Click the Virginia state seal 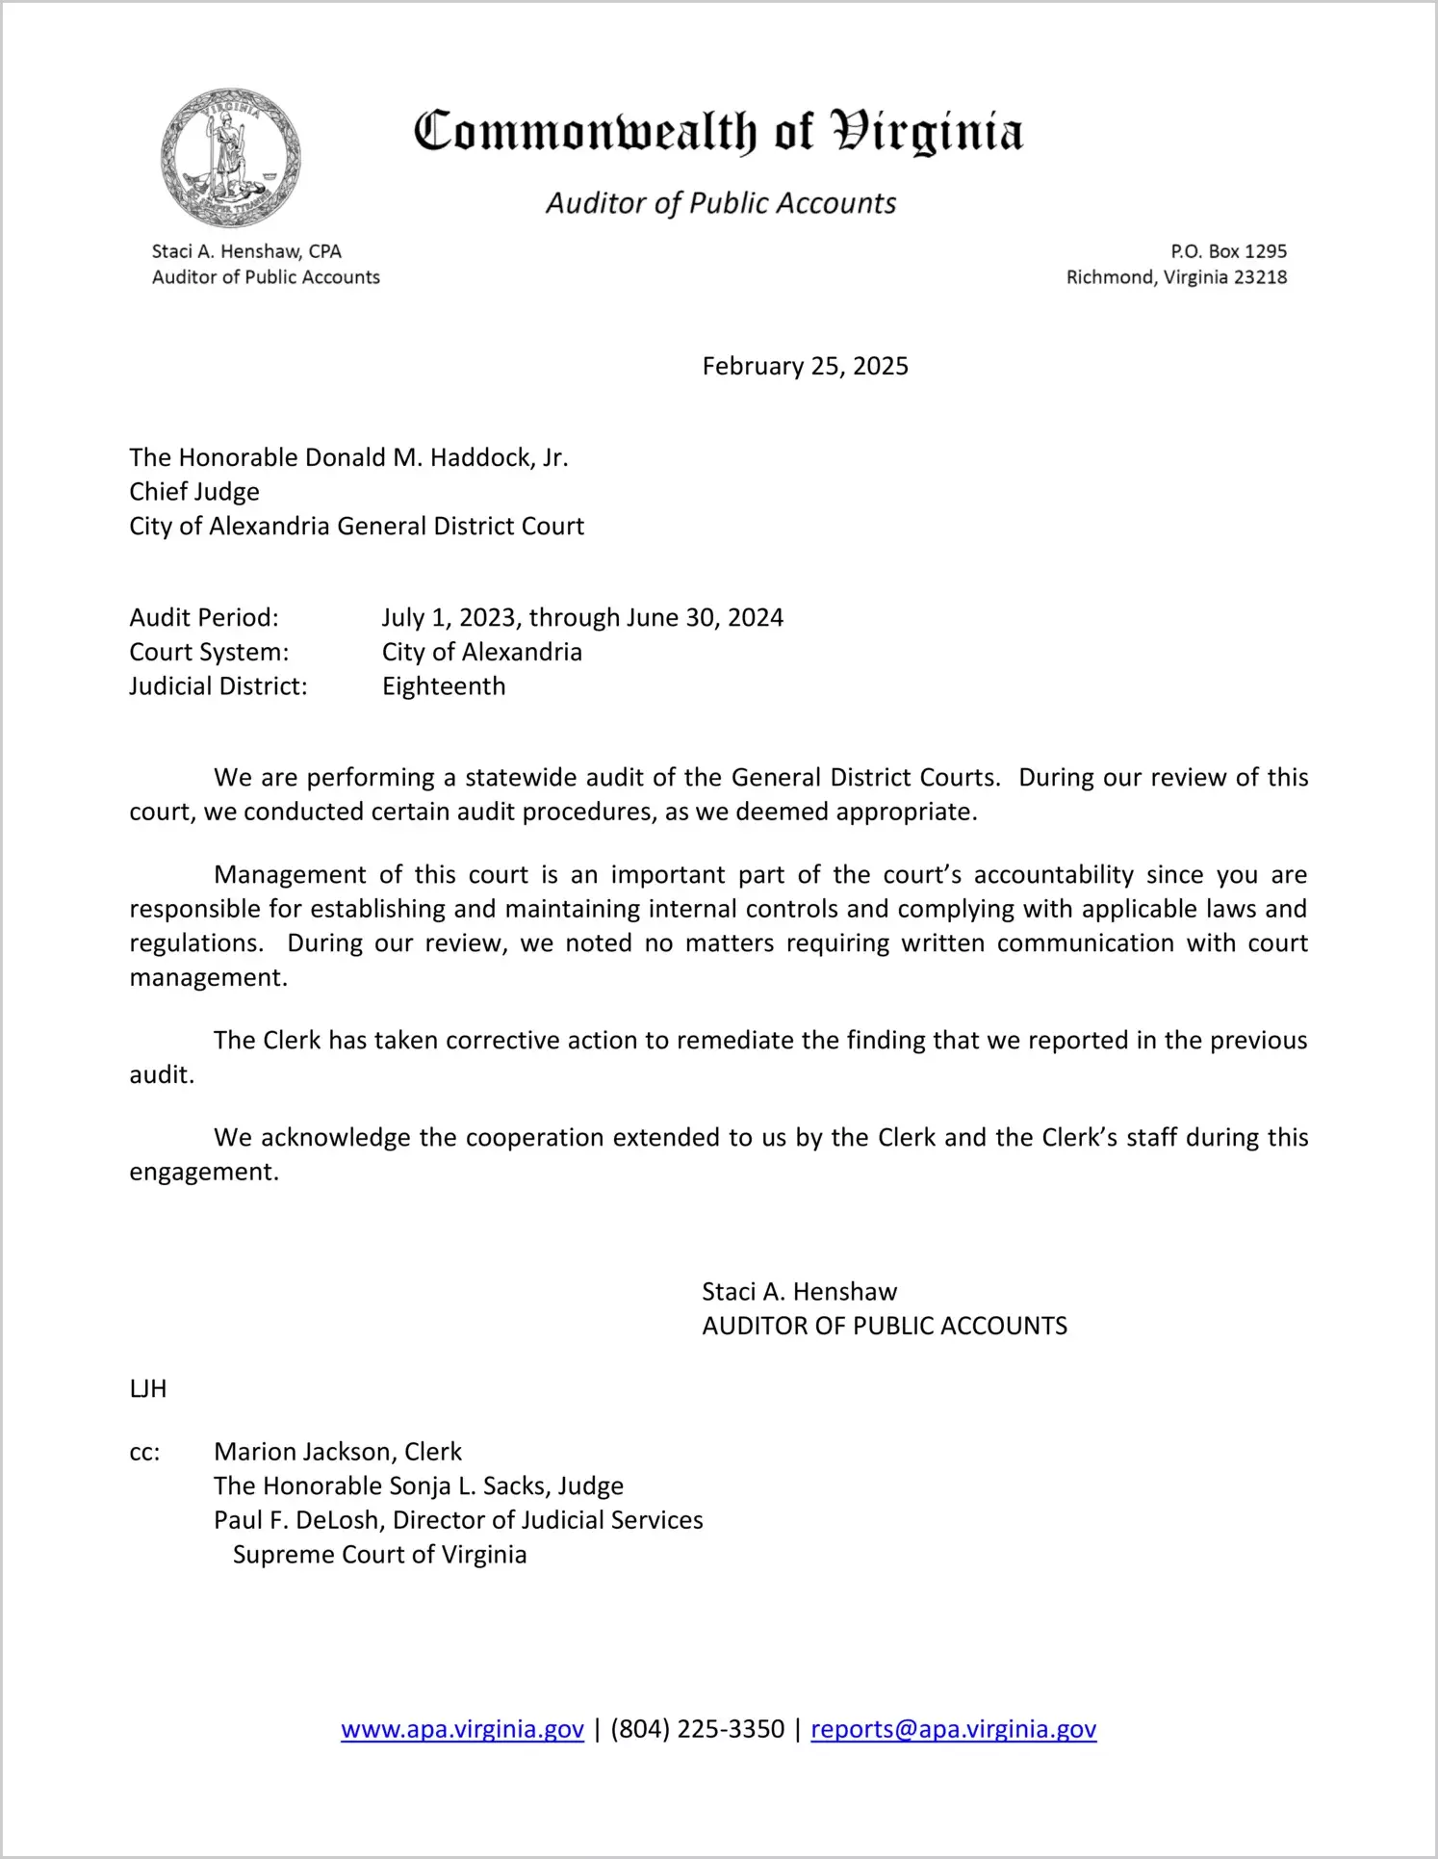230,158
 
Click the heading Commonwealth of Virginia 718,132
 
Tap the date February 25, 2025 805,367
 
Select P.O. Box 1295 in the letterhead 1228,251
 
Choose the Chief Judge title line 194,492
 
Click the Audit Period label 204,617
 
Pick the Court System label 209,652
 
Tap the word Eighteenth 444,686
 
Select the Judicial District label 218,686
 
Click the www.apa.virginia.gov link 462,1729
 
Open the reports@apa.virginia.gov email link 953,1729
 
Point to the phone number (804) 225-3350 697,1729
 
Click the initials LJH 148,1388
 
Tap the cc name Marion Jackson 304,1452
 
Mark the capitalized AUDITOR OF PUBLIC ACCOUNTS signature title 885,1326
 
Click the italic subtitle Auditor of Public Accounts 721,203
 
